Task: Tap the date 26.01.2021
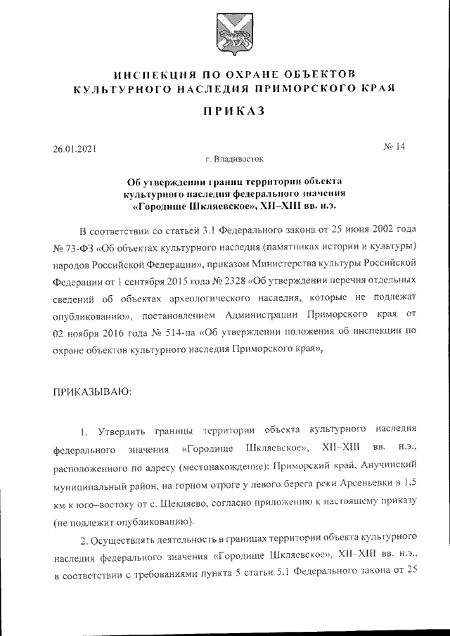75,149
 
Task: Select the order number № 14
394,147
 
